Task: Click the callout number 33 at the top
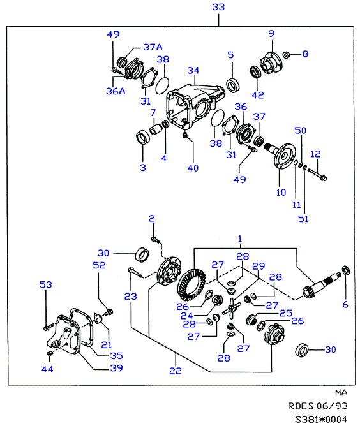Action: click(218, 7)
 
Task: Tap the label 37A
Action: click(153, 47)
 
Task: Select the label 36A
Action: click(116, 91)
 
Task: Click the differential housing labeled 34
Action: click(195, 105)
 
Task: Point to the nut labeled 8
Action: click(286, 55)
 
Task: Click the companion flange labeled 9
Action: click(271, 63)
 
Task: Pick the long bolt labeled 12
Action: click(317, 174)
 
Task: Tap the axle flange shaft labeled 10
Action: click(281, 156)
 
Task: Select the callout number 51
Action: click(303, 219)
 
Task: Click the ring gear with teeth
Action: click(191, 284)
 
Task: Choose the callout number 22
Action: click(175, 371)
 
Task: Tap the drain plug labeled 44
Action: click(50, 353)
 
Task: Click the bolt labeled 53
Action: click(49, 327)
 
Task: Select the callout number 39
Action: click(116, 368)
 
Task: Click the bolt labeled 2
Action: click(156, 239)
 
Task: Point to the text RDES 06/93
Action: click(318, 406)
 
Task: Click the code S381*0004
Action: click(321, 419)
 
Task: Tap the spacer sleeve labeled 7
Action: click(156, 129)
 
